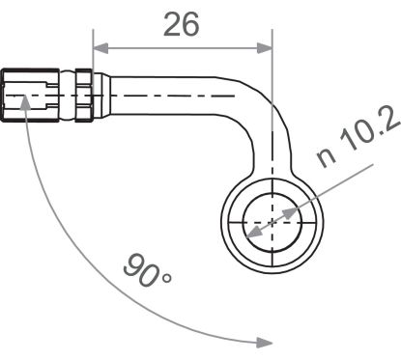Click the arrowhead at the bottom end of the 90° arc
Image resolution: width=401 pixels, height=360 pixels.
[264, 340]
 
